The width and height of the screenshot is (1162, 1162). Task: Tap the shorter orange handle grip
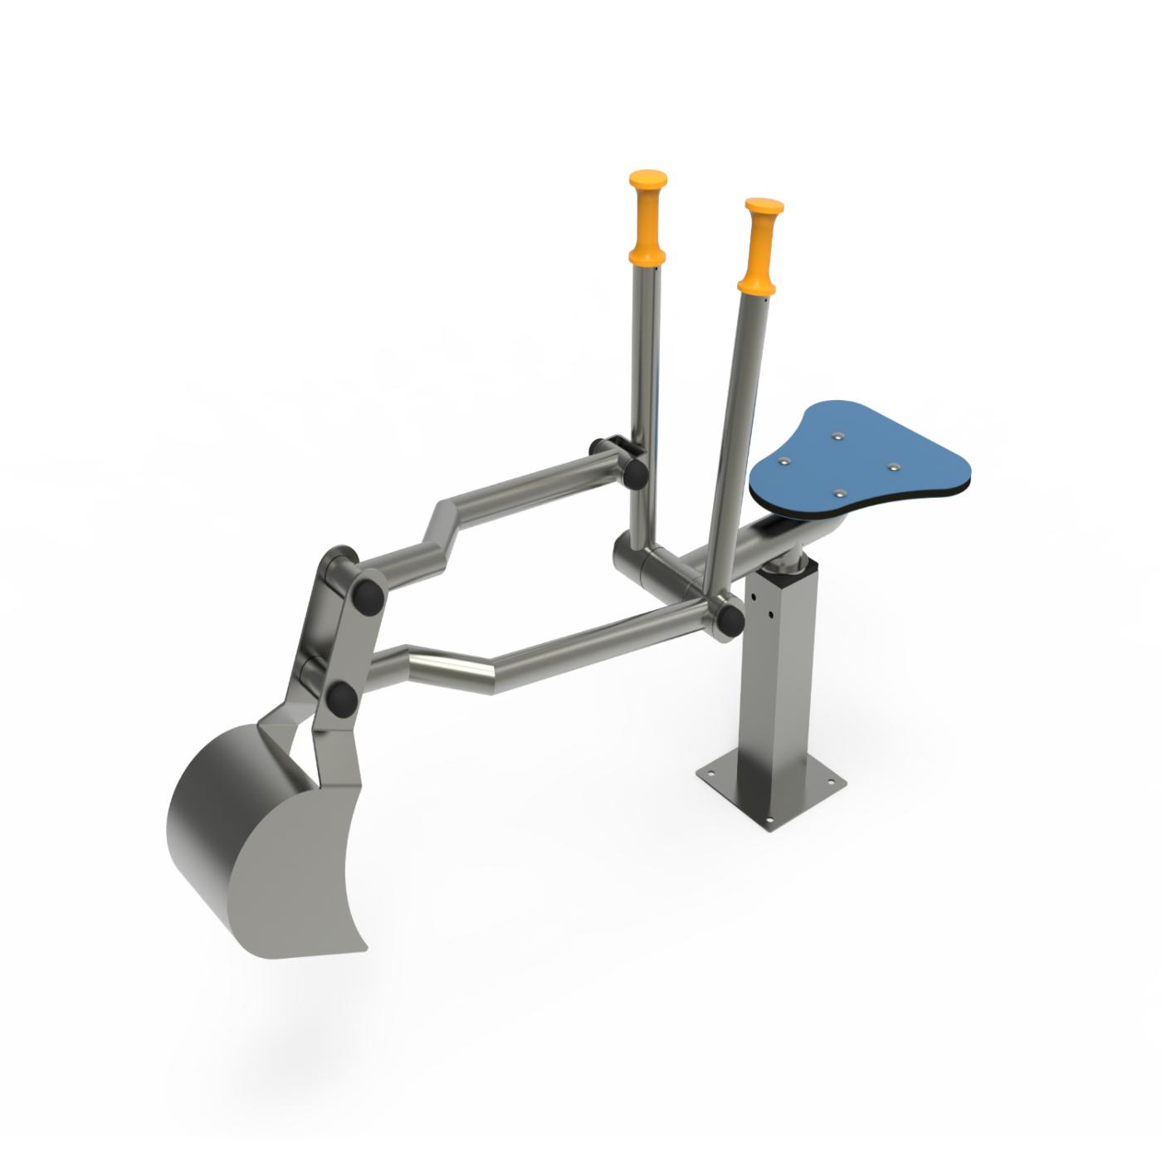click(762, 247)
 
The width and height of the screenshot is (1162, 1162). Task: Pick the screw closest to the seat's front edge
click(839, 493)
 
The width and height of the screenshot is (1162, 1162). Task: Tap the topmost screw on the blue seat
click(837, 434)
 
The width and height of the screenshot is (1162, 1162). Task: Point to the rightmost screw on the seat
click(893, 467)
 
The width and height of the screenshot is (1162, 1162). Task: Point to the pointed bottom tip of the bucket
click(363, 947)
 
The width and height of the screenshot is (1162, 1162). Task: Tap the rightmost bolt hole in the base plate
click(832, 782)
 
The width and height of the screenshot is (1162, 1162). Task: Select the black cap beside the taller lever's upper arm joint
click(634, 472)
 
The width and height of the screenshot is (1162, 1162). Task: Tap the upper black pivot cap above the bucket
click(365, 596)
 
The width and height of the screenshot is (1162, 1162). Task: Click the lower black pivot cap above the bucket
click(340, 699)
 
